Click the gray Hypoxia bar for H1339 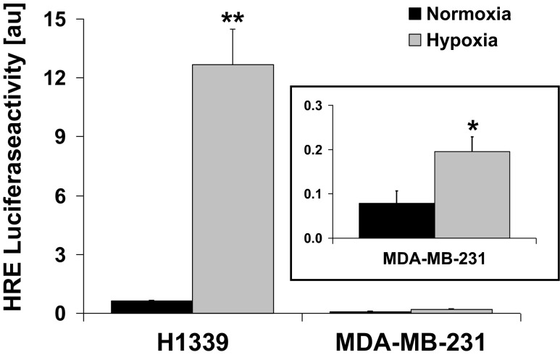[233, 188]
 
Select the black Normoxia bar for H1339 [151, 306]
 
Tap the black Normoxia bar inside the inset [397, 220]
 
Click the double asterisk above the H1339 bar [233, 16]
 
